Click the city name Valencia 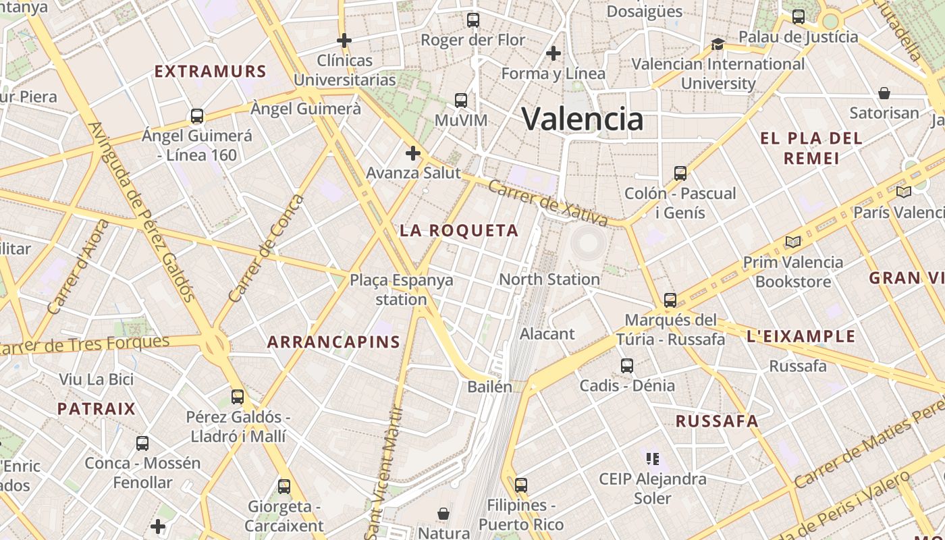tap(583, 119)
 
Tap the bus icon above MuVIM tap(461, 101)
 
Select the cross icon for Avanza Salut tap(413, 153)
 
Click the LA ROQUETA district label tap(459, 231)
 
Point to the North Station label tap(549, 279)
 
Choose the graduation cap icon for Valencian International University tap(718, 45)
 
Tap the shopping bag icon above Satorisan tap(884, 93)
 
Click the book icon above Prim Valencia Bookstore tap(793, 242)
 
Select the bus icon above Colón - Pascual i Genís tap(680, 173)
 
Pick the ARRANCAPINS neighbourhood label tap(333, 342)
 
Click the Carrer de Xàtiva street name tap(547, 202)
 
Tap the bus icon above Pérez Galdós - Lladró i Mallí tap(238, 397)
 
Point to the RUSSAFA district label tap(717, 421)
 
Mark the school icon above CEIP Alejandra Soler tap(652, 459)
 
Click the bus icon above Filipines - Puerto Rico tap(520, 485)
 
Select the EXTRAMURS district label tap(211, 72)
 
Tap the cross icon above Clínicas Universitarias tap(344, 40)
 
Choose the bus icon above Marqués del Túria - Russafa tap(670, 300)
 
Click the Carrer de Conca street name tap(267, 248)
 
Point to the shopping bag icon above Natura tap(443, 514)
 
